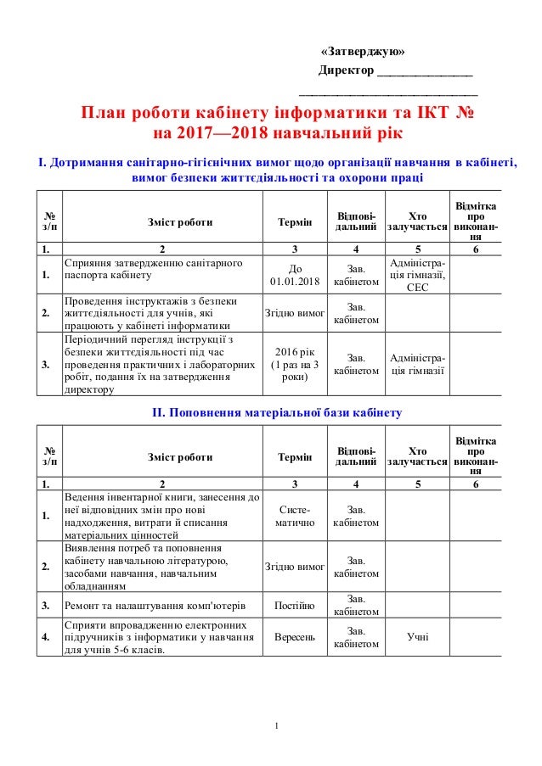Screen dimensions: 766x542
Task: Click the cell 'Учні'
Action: click(x=417, y=635)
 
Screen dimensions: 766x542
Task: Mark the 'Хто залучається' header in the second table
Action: click(x=417, y=456)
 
